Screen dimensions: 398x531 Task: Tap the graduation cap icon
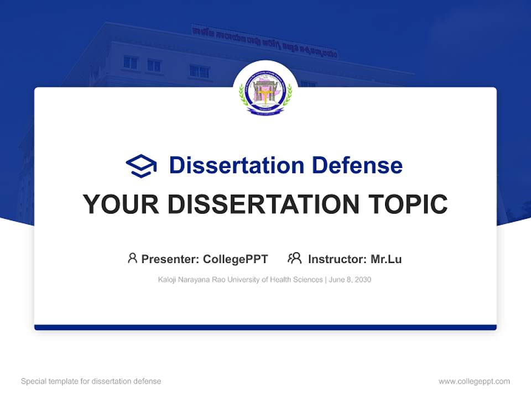point(141,166)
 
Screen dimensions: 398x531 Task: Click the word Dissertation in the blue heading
point(237,165)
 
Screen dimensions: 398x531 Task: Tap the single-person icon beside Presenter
point(132,258)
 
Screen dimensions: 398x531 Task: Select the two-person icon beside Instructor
point(294,258)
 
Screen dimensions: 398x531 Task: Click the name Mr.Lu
point(386,259)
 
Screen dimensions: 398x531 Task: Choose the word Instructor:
point(337,259)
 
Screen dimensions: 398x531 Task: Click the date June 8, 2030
point(350,280)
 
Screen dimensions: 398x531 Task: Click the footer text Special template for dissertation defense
point(91,381)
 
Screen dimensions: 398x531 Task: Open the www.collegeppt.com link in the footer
point(474,381)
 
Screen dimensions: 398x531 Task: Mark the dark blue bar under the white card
point(265,327)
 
